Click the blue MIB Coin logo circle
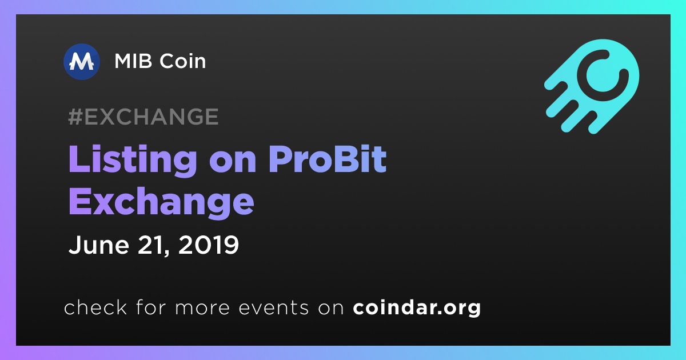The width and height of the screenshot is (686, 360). click(81, 62)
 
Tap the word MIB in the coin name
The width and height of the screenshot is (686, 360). click(133, 61)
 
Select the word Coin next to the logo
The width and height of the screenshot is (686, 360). click(183, 61)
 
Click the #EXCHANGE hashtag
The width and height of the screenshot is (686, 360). click(143, 117)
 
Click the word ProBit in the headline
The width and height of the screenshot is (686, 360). click(328, 159)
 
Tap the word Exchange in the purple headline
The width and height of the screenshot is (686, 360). click(161, 203)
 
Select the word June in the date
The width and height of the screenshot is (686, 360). click(98, 245)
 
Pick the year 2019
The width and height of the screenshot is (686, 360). click(209, 245)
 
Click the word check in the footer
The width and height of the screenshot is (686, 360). click(95, 307)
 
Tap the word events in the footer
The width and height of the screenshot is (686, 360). click(274, 307)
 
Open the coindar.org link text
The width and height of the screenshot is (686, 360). click(417, 307)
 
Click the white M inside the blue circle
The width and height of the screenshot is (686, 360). click(81, 62)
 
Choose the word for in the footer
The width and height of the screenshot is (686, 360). click(151, 307)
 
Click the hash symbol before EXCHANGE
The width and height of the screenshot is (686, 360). click(75, 117)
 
